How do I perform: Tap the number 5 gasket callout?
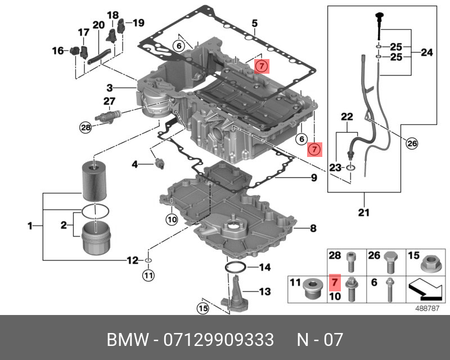coord(254,24)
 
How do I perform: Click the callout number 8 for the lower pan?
coord(313,228)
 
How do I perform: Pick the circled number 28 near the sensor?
coord(85,128)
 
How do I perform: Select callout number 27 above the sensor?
coord(109,101)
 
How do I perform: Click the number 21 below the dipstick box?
coord(364,213)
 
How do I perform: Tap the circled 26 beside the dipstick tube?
coord(412,144)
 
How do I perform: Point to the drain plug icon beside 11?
coord(311,289)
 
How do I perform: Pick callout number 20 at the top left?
coord(98,25)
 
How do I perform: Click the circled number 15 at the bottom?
coord(202,308)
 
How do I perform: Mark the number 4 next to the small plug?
coord(134,164)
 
